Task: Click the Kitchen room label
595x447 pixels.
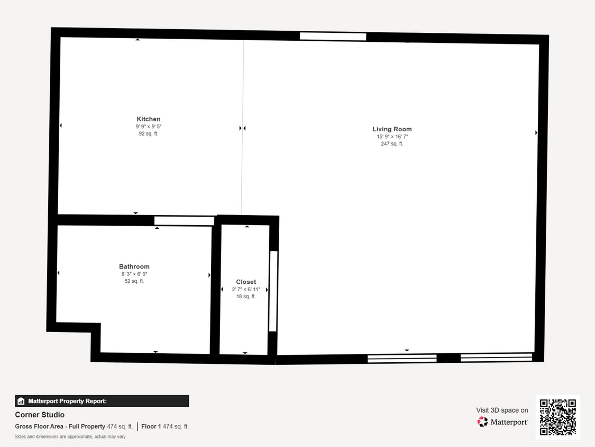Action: [x=148, y=119]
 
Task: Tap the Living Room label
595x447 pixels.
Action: [x=392, y=129]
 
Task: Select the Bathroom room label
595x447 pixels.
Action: [x=134, y=267]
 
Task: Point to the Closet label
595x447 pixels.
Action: [x=246, y=282]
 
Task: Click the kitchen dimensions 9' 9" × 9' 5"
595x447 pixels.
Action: [x=148, y=127]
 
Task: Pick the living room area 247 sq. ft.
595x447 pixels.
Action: [x=392, y=144]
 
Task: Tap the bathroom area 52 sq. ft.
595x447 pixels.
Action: [x=134, y=281]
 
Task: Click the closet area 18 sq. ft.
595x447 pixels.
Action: [x=246, y=297]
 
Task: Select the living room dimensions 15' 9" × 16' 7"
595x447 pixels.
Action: [x=392, y=137]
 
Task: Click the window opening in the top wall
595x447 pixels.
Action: [x=333, y=37]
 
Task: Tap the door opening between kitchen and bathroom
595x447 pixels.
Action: [x=184, y=221]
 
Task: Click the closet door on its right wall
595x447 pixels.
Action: [x=273, y=291]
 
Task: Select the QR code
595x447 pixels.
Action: [x=557, y=417]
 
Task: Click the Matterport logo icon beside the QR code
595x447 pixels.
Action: [x=482, y=422]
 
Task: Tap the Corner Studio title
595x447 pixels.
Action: [x=40, y=415]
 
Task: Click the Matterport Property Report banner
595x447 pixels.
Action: [x=102, y=401]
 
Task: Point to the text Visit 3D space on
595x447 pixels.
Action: [x=502, y=410]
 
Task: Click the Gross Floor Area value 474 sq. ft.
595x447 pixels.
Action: [x=120, y=426]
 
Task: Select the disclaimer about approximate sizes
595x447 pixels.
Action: [x=70, y=437]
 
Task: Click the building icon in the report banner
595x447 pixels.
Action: [x=21, y=401]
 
